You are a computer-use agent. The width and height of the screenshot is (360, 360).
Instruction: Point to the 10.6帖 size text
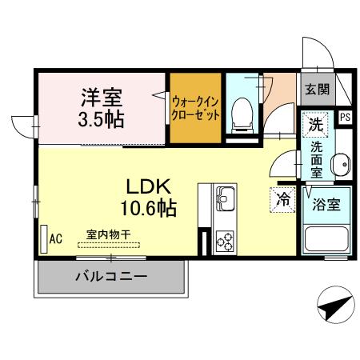pyautogui.click(x=149, y=210)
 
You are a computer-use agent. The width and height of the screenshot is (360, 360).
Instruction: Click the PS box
pyautogui.click(x=344, y=118)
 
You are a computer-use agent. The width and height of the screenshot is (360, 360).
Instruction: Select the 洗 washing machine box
pyautogui.click(x=315, y=125)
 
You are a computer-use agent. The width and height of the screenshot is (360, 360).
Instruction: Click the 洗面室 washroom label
pyautogui.click(x=316, y=160)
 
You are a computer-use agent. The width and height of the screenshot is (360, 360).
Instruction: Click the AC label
pyautogui.click(x=56, y=238)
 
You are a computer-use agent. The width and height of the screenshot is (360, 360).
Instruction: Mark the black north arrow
pyautogui.click(x=334, y=306)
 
